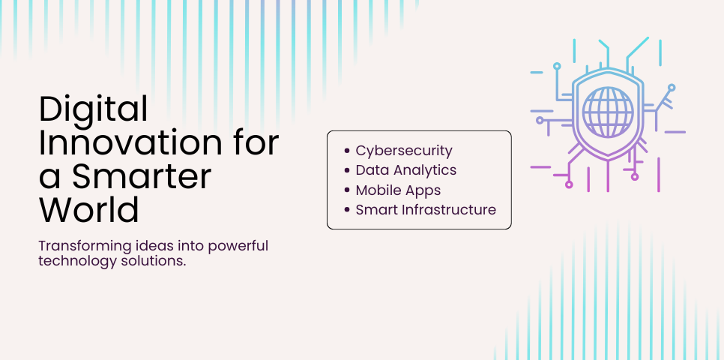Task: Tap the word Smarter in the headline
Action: coord(142,177)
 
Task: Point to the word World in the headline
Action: coord(89,210)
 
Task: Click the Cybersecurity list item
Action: coord(404,151)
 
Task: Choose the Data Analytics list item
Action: coord(406,170)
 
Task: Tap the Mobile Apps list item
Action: coord(398,190)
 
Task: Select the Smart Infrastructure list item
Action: coord(426,210)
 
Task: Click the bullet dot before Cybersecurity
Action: coord(347,151)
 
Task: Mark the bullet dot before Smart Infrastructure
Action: coord(347,210)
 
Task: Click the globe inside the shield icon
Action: coord(607,112)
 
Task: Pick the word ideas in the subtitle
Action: coord(147,247)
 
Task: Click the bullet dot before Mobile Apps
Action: coord(347,190)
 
